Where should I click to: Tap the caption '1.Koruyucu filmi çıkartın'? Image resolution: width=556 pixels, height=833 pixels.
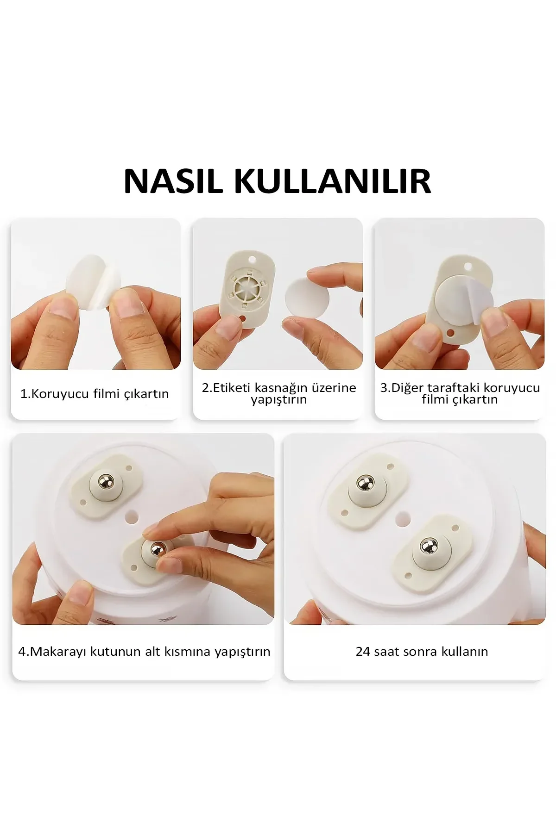click(95, 394)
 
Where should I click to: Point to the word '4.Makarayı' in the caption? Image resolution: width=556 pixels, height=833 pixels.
click(52, 652)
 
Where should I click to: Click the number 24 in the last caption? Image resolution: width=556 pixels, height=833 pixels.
click(363, 652)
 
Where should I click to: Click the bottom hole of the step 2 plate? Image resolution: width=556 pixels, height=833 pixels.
click(244, 318)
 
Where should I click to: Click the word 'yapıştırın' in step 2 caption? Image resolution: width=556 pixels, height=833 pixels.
click(279, 400)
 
